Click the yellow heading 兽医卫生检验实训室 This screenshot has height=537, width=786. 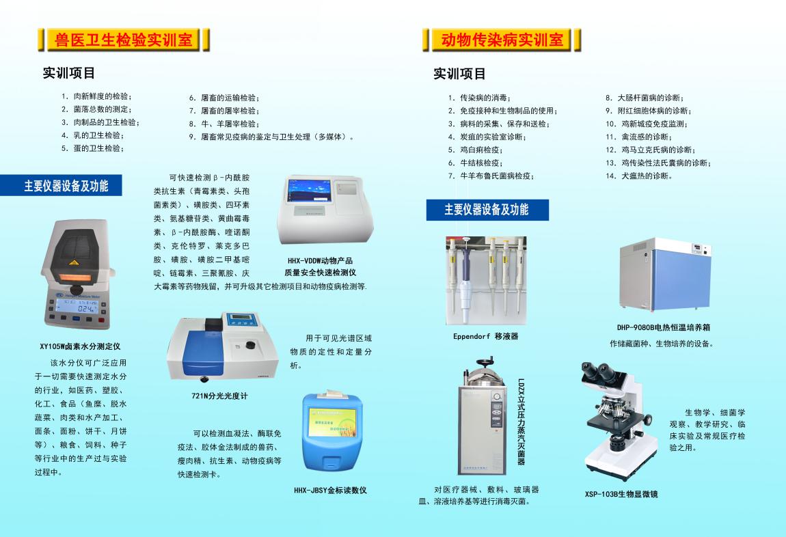(x=123, y=40)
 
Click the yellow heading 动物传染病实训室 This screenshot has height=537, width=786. (x=502, y=40)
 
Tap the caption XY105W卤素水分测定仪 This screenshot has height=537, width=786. (x=80, y=346)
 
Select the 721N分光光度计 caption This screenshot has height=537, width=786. (x=219, y=396)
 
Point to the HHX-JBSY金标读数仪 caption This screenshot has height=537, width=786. (x=330, y=491)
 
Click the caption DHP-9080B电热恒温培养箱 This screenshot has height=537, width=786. (x=664, y=328)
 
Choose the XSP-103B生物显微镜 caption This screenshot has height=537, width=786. (x=621, y=495)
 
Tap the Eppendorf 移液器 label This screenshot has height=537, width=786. (x=486, y=337)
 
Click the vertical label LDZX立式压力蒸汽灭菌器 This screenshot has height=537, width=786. (x=521, y=422)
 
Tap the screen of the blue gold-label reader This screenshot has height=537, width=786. (x=333, y=422)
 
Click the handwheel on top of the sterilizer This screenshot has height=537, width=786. (x=484, y=361)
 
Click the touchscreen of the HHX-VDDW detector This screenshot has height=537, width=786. (x=310, y=191)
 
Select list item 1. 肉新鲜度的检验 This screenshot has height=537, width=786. (x=97, y=96)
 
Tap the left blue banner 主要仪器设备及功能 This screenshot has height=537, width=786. (x=66, y=186)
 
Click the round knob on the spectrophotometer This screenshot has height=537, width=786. (x=249, y=344)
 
